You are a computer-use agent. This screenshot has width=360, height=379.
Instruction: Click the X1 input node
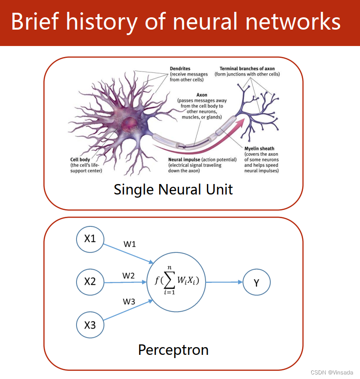(90, 239)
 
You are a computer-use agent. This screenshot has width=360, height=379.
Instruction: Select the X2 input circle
(90, 282)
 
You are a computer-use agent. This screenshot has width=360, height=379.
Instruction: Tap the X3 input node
(90, 325)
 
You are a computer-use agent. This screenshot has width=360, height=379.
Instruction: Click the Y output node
(257, 282)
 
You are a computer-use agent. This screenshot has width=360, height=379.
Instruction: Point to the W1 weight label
(129, 244)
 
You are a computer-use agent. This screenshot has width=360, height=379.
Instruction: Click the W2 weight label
(129, 276)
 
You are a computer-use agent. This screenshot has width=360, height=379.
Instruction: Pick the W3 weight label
(129, 302)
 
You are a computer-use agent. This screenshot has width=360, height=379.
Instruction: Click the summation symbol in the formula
(170, 280)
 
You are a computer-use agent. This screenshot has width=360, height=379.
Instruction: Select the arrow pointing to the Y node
(224, 282)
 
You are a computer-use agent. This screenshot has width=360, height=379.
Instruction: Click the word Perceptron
(173, 350)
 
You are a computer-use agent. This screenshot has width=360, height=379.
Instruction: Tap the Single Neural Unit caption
(173, 189)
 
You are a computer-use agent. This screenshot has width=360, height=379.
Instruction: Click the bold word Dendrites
(180, 69)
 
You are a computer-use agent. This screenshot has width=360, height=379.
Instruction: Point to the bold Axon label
(201, 95)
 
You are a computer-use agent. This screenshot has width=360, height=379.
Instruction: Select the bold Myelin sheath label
(259, 149)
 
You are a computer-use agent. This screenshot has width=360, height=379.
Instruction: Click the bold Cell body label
(80, 159)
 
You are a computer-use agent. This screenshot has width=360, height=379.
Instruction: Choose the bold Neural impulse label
(184, 159)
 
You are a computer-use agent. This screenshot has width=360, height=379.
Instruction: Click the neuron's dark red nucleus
(129, 124)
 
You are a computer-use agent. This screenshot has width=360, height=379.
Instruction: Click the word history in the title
(102, 22)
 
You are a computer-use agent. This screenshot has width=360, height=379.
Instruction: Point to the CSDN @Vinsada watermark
(332, 373)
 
